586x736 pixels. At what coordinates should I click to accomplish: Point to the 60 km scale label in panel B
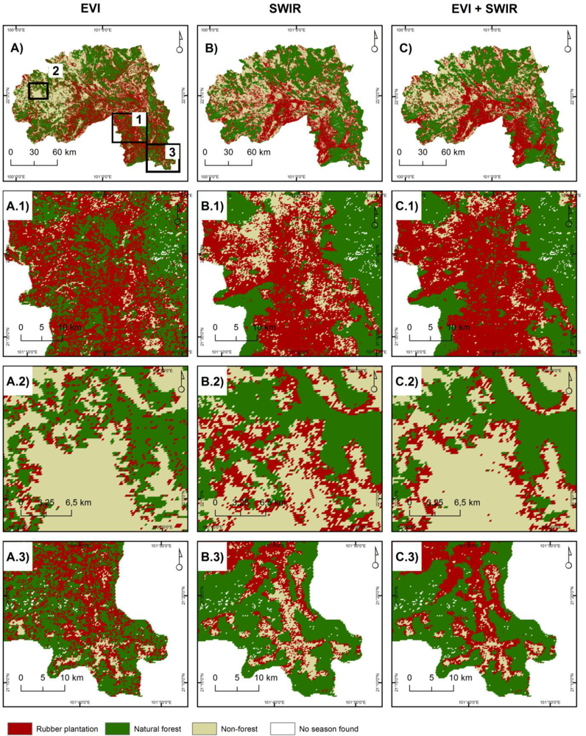click(x=256, y=152)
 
